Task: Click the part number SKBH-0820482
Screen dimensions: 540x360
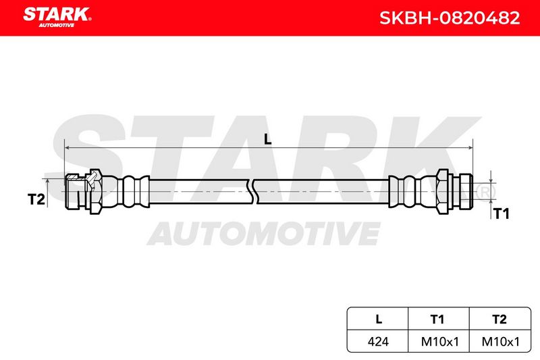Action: [450, 18]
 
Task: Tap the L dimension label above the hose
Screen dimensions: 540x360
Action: [267, 139]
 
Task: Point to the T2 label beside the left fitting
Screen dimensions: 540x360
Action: [36, 199]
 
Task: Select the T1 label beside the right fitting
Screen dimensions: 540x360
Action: [502, 213]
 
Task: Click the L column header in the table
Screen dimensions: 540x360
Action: [379, 319]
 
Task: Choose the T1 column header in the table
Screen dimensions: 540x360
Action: [437, 319]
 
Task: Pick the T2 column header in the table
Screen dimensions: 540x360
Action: [500, 319]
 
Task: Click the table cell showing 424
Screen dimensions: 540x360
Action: [378, 342]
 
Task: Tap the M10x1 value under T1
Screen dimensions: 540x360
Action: [440, 342]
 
